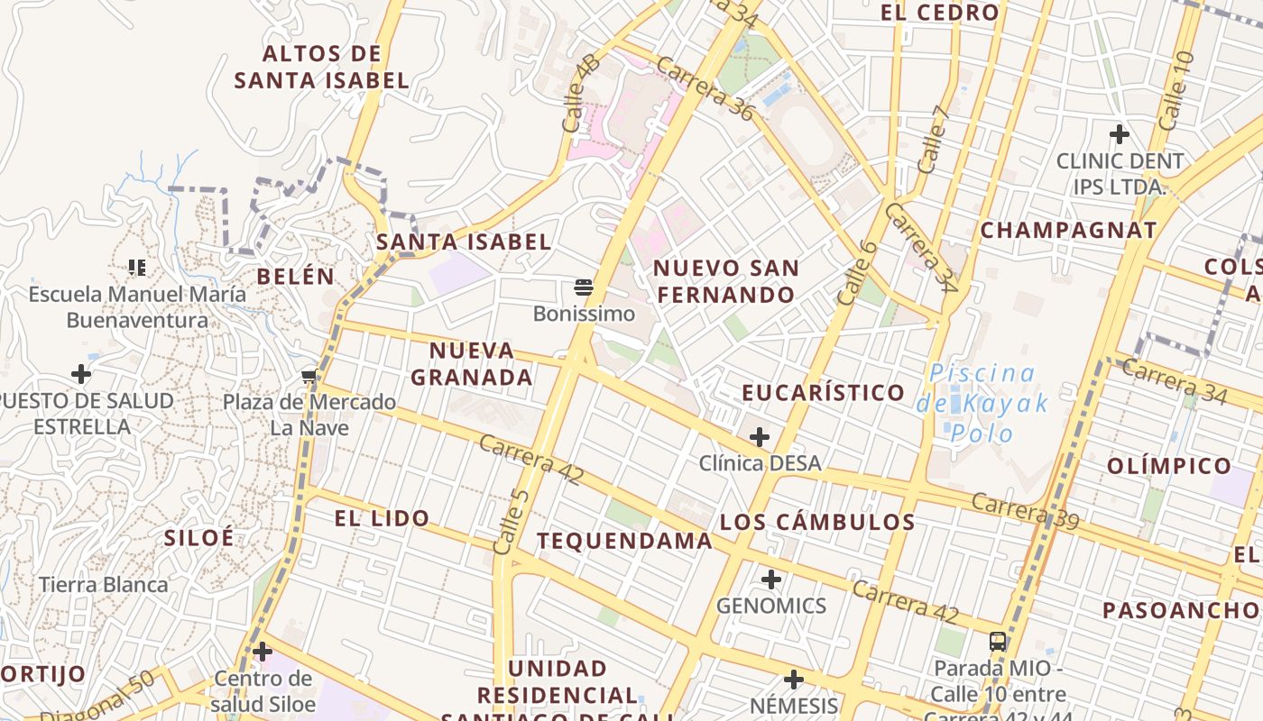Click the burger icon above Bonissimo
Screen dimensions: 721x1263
tap(584, 287)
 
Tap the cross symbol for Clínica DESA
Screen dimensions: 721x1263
tap(760, 437)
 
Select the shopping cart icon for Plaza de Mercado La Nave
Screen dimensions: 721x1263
tap(309, 376)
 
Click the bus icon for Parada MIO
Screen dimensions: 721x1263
tap(998, 642)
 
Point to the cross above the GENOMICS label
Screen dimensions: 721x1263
tap(771, 579)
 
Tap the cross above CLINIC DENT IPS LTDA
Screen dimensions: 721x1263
tap(1120, 134)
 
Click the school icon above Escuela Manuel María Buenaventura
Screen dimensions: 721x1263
tap(137, 267)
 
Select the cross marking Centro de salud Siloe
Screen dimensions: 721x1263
tap(263, 651)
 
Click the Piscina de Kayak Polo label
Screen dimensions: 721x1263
tap(982, 402)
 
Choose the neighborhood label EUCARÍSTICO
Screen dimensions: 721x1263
tap(823, 392)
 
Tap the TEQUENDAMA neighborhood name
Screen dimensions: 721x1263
tap(624, 541)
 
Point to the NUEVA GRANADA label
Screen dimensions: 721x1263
tap(472, 363)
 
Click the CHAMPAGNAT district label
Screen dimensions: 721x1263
tap(1068, 230)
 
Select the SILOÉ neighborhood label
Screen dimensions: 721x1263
tap(199, 538)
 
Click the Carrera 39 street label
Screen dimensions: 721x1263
tap(1025, 511)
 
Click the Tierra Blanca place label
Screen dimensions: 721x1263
tap(104, 584)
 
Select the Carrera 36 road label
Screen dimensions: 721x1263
tap(705, 88)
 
